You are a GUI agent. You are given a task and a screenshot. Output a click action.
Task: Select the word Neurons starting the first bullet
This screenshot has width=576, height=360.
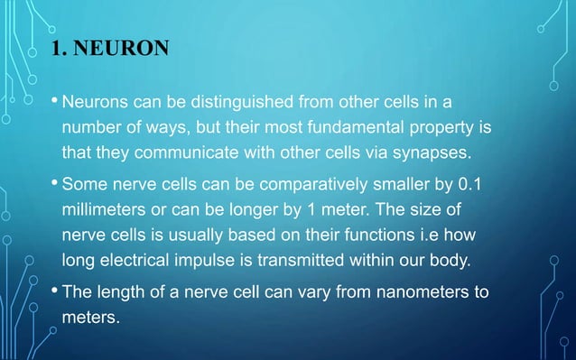pos(93,97)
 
